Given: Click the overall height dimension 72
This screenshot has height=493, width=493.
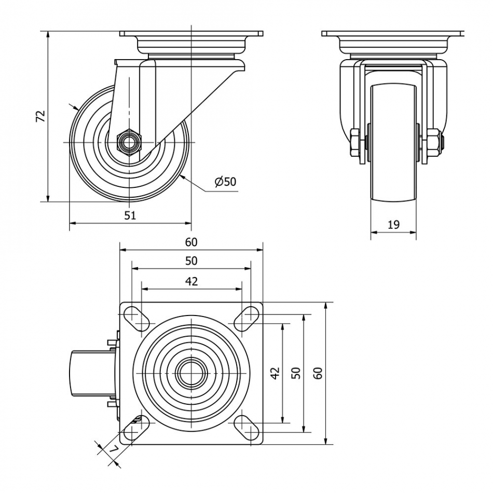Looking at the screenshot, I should click(x=40, y=116).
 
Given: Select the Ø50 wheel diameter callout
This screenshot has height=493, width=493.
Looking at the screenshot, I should click(x=225, y=181).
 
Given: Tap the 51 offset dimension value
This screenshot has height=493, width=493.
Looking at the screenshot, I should click(x=130, y=215).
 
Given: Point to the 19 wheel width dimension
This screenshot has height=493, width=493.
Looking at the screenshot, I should click(x=393, y=224).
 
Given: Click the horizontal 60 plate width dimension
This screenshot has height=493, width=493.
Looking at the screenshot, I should click(x=191, y=242).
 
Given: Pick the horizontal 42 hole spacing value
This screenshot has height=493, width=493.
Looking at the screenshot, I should click(x=191, y=281).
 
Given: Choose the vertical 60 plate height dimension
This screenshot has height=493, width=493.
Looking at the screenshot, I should click(x=318, y=373).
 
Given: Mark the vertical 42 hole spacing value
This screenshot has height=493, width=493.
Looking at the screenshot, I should click(x=276, y=373).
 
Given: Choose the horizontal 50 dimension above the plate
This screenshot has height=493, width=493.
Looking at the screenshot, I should click(x=191, y=261).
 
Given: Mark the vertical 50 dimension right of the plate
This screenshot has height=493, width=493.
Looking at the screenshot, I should click(x=296, y=373).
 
